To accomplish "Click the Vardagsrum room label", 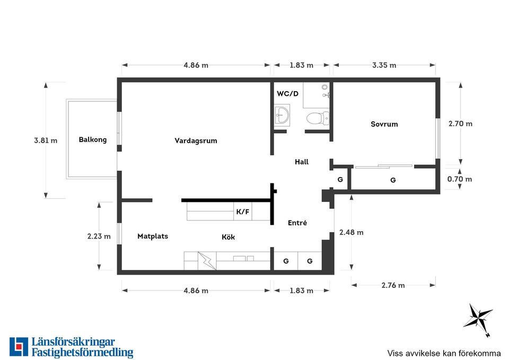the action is (196, 141).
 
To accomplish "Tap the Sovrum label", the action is (384, 124).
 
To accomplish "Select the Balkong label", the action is (92, 139).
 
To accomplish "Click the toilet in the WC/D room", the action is (318, 118).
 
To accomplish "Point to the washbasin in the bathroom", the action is (282, 115).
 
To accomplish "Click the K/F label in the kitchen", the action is (243, 212).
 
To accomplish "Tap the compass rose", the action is (478, 319).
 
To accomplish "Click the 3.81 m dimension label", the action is (46, 141).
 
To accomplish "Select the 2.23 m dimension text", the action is (99, 236).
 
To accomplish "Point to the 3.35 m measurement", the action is (384, 65).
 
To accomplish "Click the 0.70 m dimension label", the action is (460, 179).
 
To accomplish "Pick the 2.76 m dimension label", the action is (393, 285).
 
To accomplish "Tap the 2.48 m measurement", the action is (351, 232).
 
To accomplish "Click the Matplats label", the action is (153, 236).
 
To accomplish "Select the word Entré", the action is (297, 223).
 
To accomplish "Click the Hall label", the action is (302, 162).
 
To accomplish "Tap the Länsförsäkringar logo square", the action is (19, 347).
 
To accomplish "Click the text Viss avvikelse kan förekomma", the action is (444, 353).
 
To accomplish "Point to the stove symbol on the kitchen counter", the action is (207, 261).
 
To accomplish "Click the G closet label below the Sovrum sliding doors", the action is (393, 180).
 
